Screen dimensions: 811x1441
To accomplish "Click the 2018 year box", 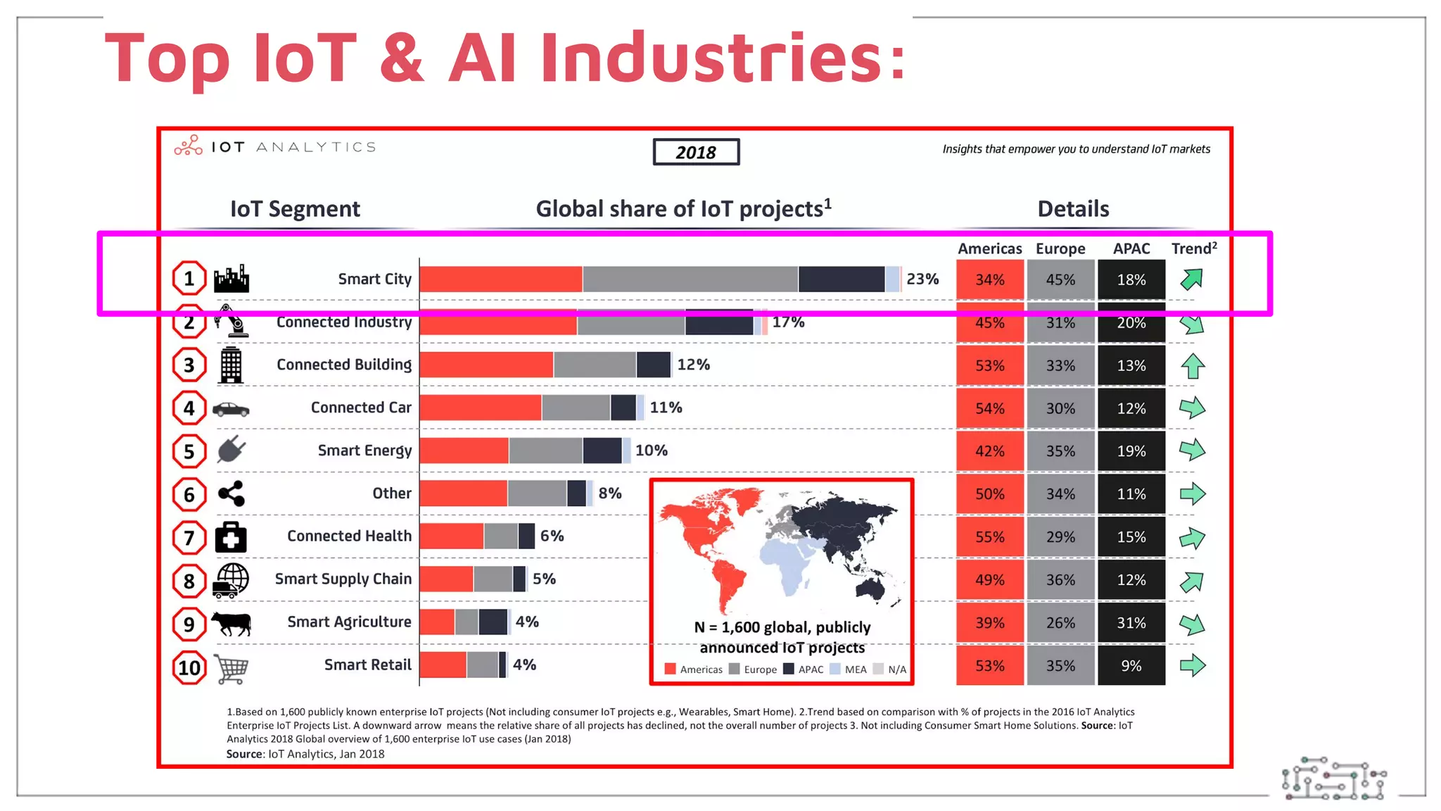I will coord(696,152).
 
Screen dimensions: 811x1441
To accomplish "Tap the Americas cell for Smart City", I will coord(989,279).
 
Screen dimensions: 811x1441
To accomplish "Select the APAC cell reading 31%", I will coord(1131,623).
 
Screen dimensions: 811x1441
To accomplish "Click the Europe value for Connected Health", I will coord(1060,537).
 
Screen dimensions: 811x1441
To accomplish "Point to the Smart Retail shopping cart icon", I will coord(231,668).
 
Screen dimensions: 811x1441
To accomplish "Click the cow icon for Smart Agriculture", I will coord(231,623).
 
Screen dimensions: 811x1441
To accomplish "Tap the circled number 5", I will coord(189,451).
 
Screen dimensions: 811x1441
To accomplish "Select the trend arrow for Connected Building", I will coord(1193,366).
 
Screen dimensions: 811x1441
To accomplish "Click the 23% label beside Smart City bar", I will coord(922,279).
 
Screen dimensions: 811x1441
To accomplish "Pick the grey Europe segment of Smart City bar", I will coord(690,279).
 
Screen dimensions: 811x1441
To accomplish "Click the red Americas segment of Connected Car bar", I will coord(481,408).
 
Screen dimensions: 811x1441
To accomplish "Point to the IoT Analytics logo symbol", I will coord(189,146).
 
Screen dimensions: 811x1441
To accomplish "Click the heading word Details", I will coord(1073,209).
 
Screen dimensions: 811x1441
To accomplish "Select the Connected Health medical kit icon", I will coord(231,537).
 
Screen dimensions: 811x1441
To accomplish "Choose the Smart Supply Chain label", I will coord(343,579).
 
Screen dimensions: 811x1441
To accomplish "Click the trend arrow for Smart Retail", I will coord(1193,665).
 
